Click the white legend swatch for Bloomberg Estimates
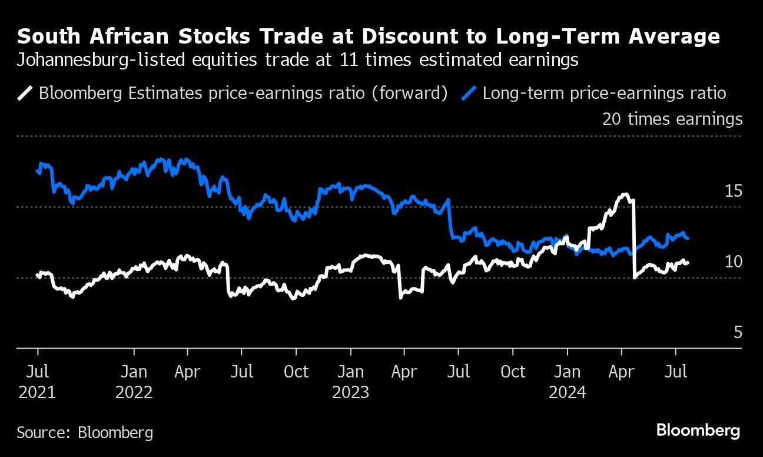pos(26,93)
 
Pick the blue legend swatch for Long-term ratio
pos(469,93)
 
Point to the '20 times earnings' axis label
pos(672,119)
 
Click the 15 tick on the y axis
pos(733,191)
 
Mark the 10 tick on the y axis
pos(733,262)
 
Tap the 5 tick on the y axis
pos(737,333)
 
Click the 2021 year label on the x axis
pos(37,392)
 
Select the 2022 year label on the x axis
pos(134,392)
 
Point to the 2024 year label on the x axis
pos(567,392)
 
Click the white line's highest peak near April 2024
pos(625,194)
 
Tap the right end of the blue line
pos(688,238)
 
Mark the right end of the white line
pos(688,263)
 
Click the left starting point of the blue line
pos(38,171)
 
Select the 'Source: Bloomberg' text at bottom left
pos(85,433)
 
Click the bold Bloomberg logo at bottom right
pos(698,430)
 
